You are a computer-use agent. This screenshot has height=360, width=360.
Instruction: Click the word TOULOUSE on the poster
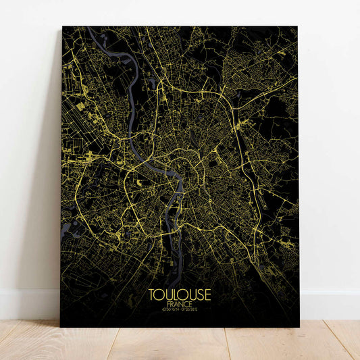click(180, 295)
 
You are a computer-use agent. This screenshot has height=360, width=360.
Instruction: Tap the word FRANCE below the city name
click(180, 305)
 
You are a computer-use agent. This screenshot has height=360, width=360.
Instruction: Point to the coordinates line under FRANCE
click(180, 311)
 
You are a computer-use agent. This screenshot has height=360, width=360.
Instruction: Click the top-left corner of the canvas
click(63, 27)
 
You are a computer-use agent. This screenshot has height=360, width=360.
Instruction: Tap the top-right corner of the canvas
click(297, 27)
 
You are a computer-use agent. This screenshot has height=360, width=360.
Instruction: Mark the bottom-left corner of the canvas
click(61, 326)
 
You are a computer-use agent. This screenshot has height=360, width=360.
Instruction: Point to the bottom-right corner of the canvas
click(299, 326)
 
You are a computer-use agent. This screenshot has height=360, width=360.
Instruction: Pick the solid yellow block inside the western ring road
click(139, 182)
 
